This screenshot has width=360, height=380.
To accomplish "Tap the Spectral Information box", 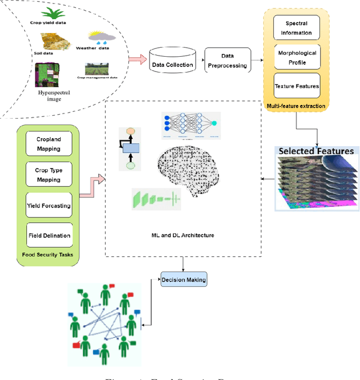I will click(296, 28).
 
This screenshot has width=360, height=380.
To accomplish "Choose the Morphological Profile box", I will click(296, 57).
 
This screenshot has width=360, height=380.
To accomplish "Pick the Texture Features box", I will click(296, 87).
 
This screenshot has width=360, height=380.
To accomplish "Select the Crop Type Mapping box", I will click(48, 175).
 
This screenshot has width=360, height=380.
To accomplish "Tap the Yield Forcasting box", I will click(48, 205).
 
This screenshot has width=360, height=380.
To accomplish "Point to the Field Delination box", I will click(48, 235).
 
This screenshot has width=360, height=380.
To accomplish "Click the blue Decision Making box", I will click(184, 279).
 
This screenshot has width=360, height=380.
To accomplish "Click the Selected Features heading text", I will click(316, 151).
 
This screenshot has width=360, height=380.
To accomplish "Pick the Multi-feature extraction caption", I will click(296, 105).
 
